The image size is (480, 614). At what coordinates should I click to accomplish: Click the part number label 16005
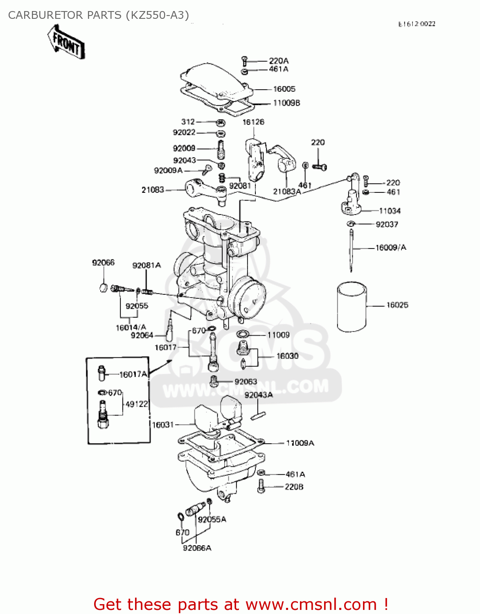point(284,89)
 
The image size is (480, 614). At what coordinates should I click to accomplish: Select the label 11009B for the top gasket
point(286,103)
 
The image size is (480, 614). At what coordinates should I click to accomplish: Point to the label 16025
point(397,305)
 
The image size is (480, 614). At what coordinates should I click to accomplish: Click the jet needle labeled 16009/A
point(351,250)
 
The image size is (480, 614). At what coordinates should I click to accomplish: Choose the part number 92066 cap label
point(103,262)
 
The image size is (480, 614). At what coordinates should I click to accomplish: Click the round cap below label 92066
point(104,287)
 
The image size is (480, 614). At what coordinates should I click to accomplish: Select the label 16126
point(253,122)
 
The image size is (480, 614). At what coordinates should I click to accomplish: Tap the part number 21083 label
point(153,190)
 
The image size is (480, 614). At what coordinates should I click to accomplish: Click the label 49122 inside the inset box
point(136,404)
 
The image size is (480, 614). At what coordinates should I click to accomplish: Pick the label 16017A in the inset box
point(133,374)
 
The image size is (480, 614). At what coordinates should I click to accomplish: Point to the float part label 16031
point(163,425)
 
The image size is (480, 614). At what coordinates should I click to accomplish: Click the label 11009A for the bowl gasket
point(300,443)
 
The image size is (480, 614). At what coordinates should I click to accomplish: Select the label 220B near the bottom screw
point(294,487)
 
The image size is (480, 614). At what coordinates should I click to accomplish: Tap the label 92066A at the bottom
point(197,548)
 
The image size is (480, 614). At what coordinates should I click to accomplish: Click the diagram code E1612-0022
point(417,24)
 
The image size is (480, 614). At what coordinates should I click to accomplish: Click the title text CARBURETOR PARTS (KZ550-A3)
point(99,15)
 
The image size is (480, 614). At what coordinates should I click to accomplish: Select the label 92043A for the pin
point(258,395)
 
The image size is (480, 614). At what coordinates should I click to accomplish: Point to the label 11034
point(390,211)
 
